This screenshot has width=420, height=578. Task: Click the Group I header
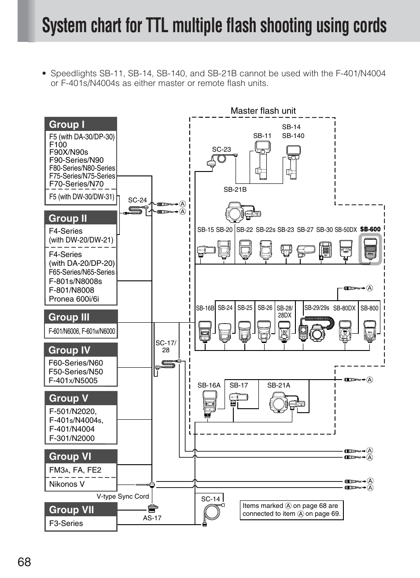[81, 124]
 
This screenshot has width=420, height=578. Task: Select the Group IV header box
[81, 350]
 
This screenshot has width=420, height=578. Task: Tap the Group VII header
[81, 510]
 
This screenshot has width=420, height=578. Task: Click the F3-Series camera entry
[66, 523]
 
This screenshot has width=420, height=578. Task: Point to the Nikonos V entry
[67, 484]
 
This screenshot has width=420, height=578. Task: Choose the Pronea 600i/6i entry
[74, 299]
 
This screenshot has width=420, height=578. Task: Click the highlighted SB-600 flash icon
[370, 249]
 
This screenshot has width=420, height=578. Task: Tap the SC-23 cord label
[221, 149]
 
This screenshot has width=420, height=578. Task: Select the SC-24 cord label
[137, 200]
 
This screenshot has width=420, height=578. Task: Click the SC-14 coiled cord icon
[212, 513]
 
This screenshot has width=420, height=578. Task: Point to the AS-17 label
[152, 518]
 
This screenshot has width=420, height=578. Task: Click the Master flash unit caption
[263, 111]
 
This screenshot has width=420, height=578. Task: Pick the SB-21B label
[235, 190]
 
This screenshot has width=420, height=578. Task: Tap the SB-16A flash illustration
[209, 404]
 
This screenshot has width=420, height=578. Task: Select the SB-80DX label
[344, 308]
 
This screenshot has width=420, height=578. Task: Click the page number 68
[25, 562]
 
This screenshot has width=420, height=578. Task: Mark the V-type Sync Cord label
[123, 496]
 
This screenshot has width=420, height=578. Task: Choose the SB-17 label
[239, 385]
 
